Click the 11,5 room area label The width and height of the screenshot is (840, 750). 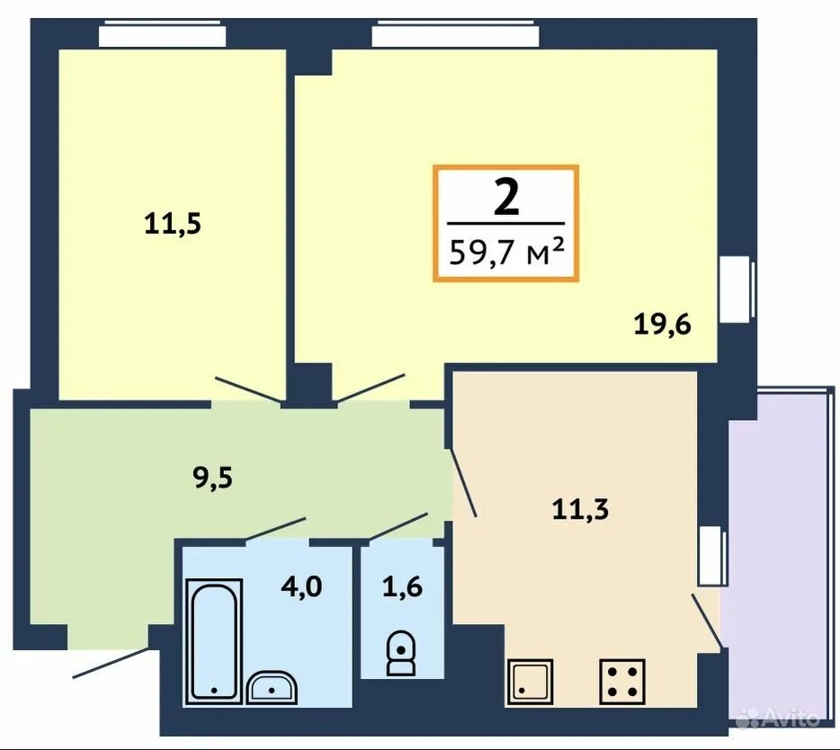click(x=173, y=223)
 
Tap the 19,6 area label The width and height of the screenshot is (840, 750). click(x=663, y=324)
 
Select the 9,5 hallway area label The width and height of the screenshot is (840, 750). click(x=212, y=478)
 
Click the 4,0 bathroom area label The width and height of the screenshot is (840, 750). click(x=301, y=586)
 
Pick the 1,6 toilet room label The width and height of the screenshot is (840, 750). click(x=402, y=586)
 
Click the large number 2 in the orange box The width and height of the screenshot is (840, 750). click(x=506, y=197)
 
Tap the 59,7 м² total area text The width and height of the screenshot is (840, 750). click(x=506, y=253)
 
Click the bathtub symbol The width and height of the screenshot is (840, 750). click(x=214, y=641)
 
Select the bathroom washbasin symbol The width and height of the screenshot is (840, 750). click(x=272, y=687)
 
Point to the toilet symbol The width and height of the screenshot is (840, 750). click(x=401, y=653)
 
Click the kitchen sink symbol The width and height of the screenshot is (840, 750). click(x=530, y=682)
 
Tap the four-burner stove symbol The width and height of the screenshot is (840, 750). click(x=622, y=682)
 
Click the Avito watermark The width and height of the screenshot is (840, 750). click(x=777, y=718)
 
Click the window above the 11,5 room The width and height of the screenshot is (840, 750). click(x=162, y=35)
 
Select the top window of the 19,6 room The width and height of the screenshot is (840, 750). click(x=456, y=35)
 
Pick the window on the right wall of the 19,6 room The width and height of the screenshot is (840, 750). click(x=737, y=290)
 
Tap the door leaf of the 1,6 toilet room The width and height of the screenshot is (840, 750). click(x=398, y=526)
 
